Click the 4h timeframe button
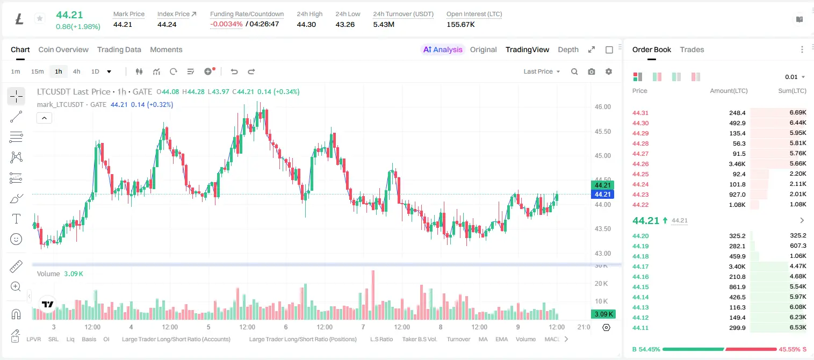[76, 71]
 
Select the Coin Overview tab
[63, 50]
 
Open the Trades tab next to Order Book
[692, 50]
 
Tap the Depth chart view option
[568, 50]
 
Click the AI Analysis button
[443, 50]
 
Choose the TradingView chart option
[527, 50]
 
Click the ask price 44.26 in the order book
[640, 164]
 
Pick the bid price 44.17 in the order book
[640, 267]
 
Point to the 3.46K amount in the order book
[737, 164]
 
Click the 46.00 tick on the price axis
[602, 107]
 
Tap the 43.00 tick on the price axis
[602, 253]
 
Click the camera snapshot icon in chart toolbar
[592, 71]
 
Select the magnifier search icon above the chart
[574, 71]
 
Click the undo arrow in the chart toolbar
[234, 71]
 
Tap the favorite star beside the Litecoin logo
[40, 18]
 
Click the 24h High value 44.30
[306, 24]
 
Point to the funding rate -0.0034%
[226, 24]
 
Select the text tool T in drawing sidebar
[16, 219]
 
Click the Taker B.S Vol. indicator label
[419, 339]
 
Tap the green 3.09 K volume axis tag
[603, 314]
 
